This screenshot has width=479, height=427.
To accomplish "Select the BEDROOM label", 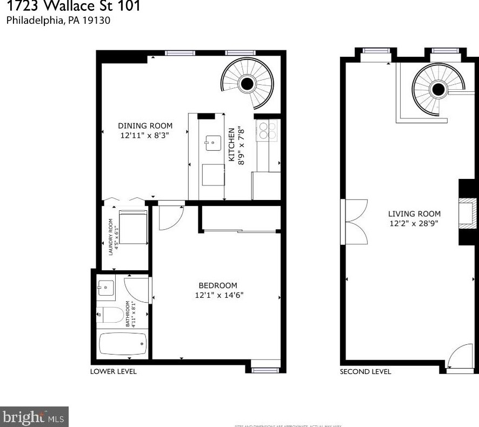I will point(218,285).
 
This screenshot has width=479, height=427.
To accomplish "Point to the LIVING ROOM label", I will point(414,213).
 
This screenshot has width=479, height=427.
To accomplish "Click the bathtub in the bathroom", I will point(124,343).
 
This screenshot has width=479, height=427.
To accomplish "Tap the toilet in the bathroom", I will point(108,313).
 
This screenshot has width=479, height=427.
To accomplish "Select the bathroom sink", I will point(106,288).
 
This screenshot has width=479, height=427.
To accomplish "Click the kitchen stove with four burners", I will point(268,131).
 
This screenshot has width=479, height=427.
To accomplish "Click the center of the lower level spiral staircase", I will point(248,84).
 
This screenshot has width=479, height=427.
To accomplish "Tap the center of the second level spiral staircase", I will point(438,89).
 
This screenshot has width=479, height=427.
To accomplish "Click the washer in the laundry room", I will point(132,228).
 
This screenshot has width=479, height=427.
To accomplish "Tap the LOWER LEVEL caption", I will point(114,371).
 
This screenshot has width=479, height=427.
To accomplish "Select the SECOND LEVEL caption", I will point(365,371).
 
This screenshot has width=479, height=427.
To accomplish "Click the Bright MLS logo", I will point(34,417).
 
